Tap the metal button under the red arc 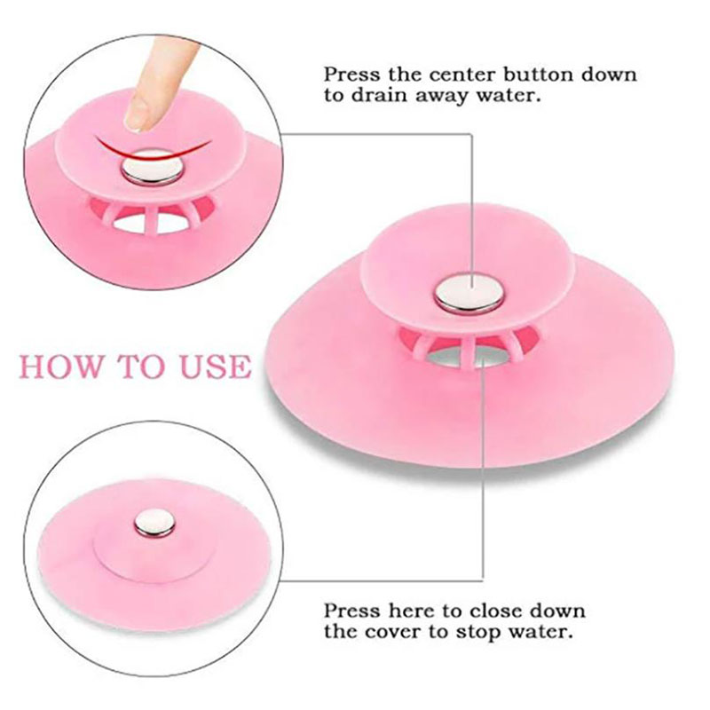point(153,168)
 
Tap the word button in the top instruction point(541,74)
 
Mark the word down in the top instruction point(609,75)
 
